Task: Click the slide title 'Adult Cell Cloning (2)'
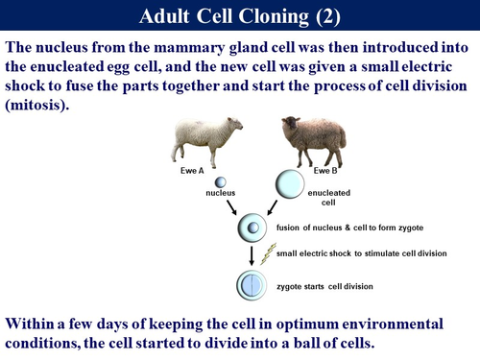pos(240,16)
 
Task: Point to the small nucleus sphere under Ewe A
pos(220,181)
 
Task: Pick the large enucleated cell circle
pos(291,183)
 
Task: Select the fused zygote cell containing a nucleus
pos(252,229)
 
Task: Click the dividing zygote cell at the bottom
pos(252,285)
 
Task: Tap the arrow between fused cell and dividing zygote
pos(252,256)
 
